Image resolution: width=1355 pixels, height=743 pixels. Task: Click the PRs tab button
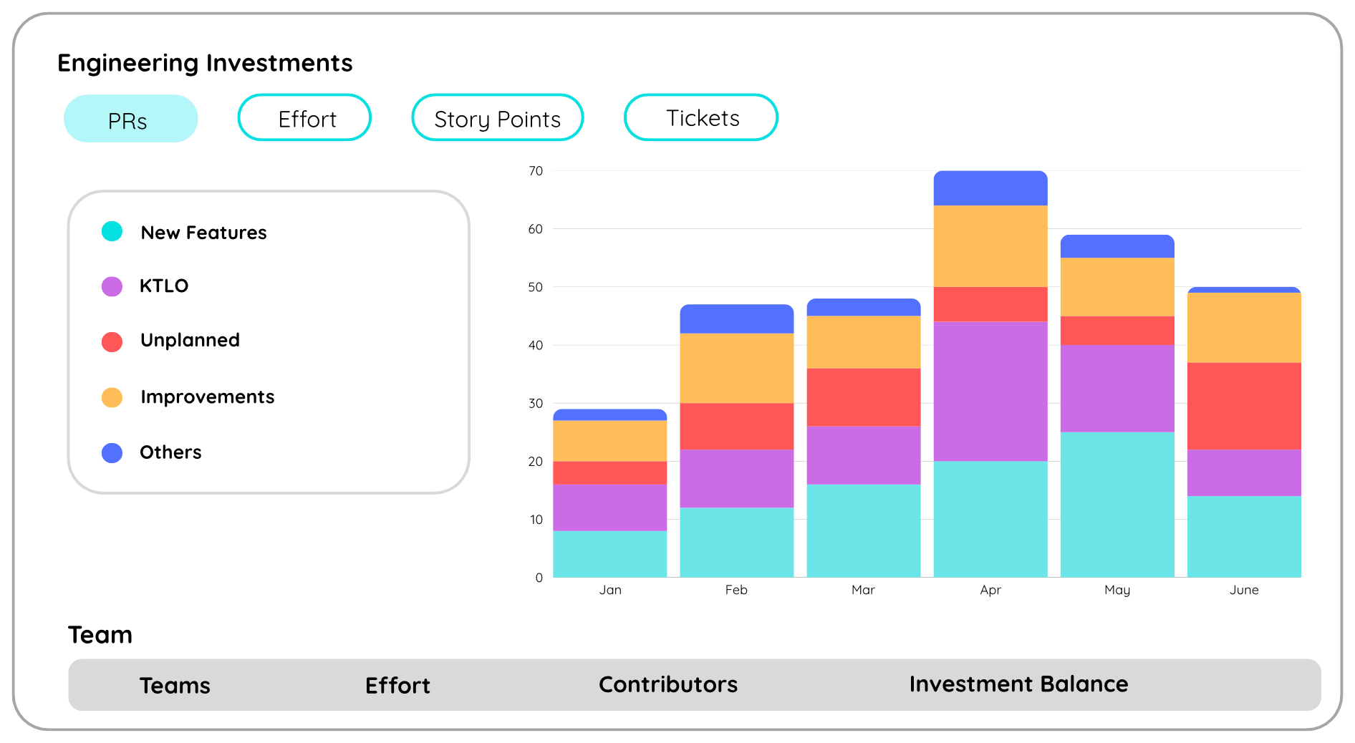pyautogui.click(x=130, y=119)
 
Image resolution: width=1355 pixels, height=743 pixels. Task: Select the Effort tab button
pyautogui.click(x=304, y=118)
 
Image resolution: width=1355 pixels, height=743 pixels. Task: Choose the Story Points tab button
pyautogui.click(x=498, y=118)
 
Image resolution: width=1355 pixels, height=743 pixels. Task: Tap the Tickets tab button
pyautogui.click(x=701, y=117)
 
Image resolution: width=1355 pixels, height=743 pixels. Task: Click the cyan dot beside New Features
pyautogui.click(x=112, y=231)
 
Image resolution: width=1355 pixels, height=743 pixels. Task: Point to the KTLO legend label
pyautogui.click(x=164, y=286)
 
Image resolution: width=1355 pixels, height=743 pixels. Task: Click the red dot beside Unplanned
pyautogui.click(x=112, y=341)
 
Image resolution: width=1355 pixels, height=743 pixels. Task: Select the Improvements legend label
pyautogui.click(x=208, y=397)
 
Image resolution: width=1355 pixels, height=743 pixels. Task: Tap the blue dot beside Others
pyautogui.click(x=112, y=452)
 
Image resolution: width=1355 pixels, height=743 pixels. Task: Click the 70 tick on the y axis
pyautogui.click(x=536, y=171)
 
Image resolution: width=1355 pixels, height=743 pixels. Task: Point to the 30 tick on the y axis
pyautogui.click(x=536, y=404)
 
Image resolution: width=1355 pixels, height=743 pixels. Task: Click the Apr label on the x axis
pyautogui.click(x=990, y=590)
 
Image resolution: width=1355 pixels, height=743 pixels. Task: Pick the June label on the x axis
pyautogui.click(x=1244, y=590)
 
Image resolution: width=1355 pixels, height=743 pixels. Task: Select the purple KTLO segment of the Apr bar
pyautogui.click(x=990, y=392)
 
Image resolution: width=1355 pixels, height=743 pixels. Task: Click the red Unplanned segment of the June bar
pyautogui.click(x=1244, y=406)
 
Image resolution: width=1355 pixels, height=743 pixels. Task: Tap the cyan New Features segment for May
pyautogui.click(x=1117, y=505)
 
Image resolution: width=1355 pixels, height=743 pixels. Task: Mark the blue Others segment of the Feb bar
pyautogui.click(x=737, y=319)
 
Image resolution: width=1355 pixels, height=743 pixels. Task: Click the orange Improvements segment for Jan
pyautogui.click(x=610, y=441)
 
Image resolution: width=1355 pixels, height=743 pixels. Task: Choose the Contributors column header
pyautogui.click(x=668, y=684)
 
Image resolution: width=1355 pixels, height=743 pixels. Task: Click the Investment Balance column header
pyautogui.click(x=1018, y=684)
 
